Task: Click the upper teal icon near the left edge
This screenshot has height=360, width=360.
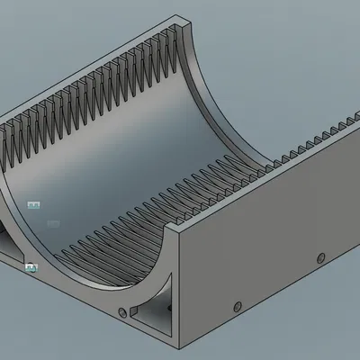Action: (x=34, y=206)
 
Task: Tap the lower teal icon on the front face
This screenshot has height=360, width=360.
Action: (x=31, y=266)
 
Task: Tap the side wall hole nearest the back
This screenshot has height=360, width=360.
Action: (x=319, y=258)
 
